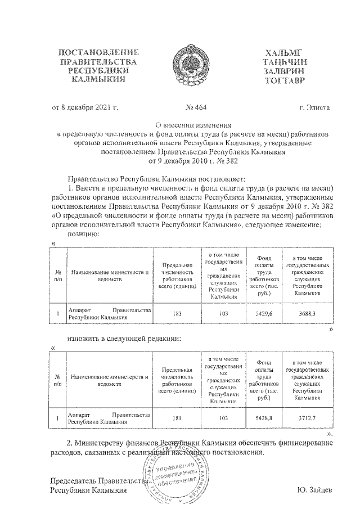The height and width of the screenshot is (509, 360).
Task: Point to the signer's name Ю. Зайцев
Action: click(315, 490)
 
